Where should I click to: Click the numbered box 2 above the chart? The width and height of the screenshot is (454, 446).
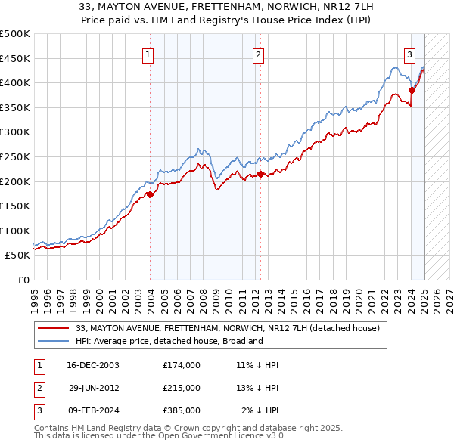[258, 54]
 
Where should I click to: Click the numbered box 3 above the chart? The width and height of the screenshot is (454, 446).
[409, 54]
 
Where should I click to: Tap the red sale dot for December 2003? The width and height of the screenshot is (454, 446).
[150, 194]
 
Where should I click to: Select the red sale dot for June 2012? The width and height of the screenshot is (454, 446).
[260, 174]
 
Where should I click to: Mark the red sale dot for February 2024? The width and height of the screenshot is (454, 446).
[412, 90]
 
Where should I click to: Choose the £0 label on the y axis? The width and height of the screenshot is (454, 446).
[23, 280]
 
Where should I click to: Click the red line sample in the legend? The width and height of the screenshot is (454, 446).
[54, 328]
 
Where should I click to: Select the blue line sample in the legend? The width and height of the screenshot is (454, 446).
[54, 341]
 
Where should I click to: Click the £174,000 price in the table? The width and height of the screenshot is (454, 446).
[182, 365]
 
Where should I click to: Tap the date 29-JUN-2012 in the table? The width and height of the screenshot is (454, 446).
[94, 388]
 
